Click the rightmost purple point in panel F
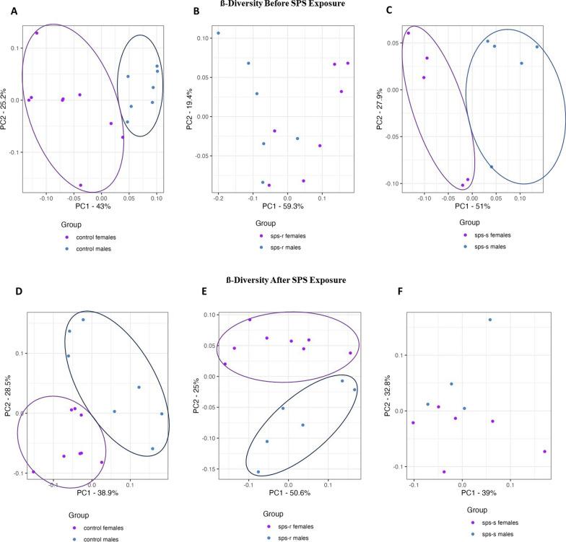[544, 452]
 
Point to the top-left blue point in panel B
[218, 33]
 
